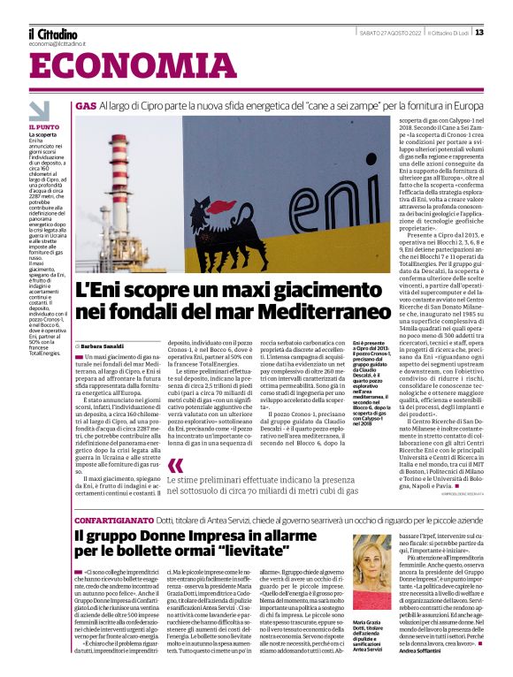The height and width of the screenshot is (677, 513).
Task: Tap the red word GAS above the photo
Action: click(x=86, y=105)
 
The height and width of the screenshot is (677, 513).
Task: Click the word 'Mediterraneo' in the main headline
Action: click(x=297, y=311)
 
